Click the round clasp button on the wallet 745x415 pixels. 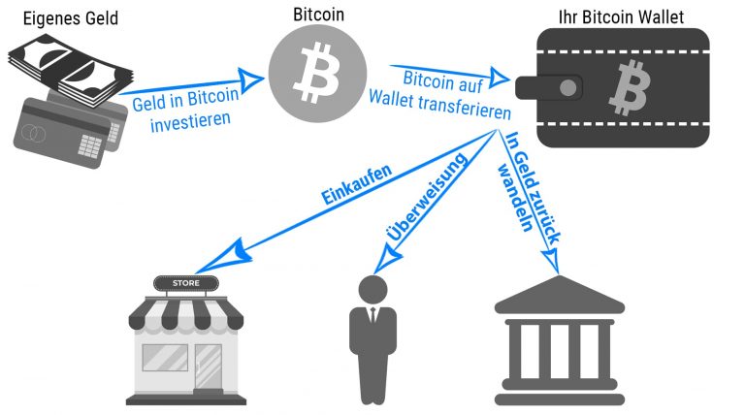coord(568,88)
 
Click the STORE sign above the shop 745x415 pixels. coord(186,284)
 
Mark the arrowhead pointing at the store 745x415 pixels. coord(212,259)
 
